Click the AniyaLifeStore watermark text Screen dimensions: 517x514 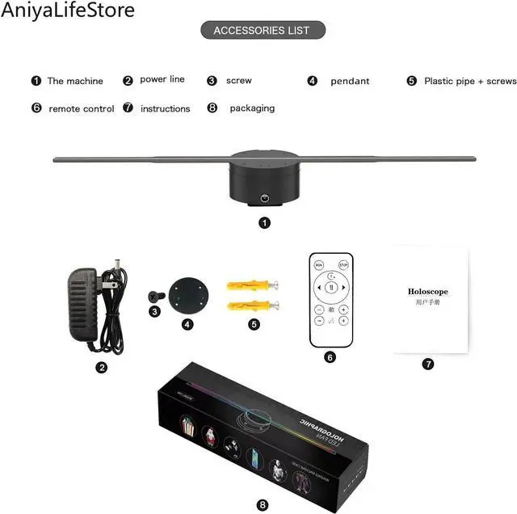(69, 11)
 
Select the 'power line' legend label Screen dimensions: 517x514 (162, 79)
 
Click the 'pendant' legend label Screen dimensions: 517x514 (350, 81)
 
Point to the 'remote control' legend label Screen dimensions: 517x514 (82, 108)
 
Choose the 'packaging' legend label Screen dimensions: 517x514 (252, 107)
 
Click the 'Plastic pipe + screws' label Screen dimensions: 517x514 (470, 81)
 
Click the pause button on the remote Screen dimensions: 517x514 (331, 287)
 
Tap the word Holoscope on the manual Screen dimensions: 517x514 (427, 292)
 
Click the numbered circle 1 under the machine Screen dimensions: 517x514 (263, 221)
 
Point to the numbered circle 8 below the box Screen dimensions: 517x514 (263, 504)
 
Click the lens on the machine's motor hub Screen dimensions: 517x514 (263, 197)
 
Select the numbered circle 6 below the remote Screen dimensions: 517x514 (330, 356)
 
